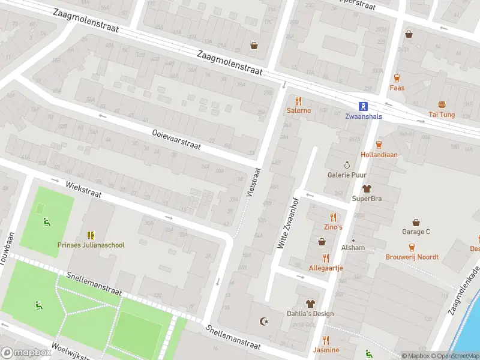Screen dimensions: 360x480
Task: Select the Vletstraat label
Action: [254, 182]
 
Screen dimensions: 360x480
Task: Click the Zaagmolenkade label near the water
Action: [464, 289]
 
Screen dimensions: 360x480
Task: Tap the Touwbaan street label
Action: [7, 248]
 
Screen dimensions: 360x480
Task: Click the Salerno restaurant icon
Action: [298, 101]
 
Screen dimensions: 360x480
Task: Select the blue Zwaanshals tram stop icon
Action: [362, 106]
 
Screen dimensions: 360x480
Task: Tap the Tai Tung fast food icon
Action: [442, 104]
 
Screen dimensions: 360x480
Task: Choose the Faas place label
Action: [397, 88]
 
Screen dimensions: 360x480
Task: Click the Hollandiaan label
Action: [379, 154]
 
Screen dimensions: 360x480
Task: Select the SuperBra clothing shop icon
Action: [367, 188]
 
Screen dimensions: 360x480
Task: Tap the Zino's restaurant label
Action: [333, 227]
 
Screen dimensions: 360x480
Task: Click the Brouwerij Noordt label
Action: [412, 257]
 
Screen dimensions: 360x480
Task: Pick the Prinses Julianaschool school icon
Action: [91, 235]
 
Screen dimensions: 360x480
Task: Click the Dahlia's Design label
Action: [310, 313]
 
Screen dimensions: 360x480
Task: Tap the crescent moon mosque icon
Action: [262, 322]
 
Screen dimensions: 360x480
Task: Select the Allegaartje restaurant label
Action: [325, 268]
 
